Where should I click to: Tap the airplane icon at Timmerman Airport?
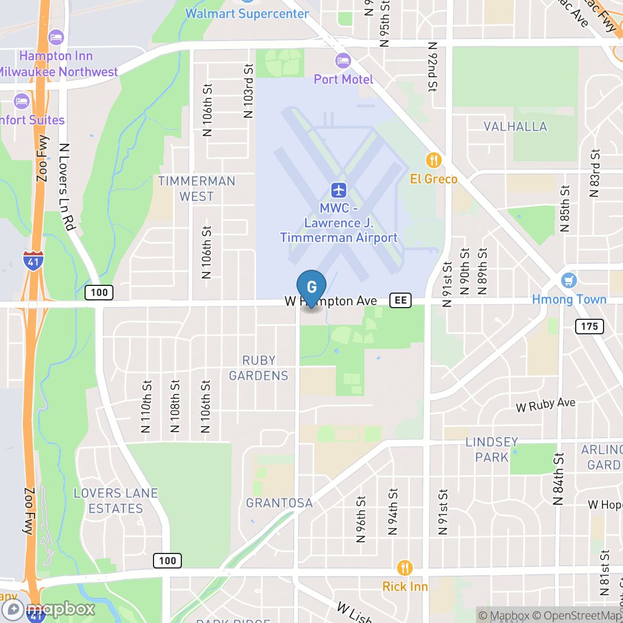pos(338,190)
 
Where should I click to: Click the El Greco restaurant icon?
pos(433,161)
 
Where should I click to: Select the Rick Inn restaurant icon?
pos(405,568)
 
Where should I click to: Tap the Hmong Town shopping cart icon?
pos(568,280)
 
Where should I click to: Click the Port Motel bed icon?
pos(343,60)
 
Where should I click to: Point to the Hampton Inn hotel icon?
pos(56,37)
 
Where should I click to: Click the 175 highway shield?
pos(589,326)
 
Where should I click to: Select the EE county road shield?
pos(400,300)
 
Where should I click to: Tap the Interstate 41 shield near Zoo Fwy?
pos(34,260)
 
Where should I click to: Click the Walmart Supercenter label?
pos(247,14)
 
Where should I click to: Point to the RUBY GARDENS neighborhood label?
pos(259,368)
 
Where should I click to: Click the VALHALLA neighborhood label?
pos(515,126)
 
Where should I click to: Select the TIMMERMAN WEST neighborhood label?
pos(196,189)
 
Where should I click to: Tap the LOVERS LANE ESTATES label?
pos(116,501)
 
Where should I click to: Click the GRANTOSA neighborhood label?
pos(279,503)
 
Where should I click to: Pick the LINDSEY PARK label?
pos(492,449)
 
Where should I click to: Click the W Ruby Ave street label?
pos(545,405)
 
